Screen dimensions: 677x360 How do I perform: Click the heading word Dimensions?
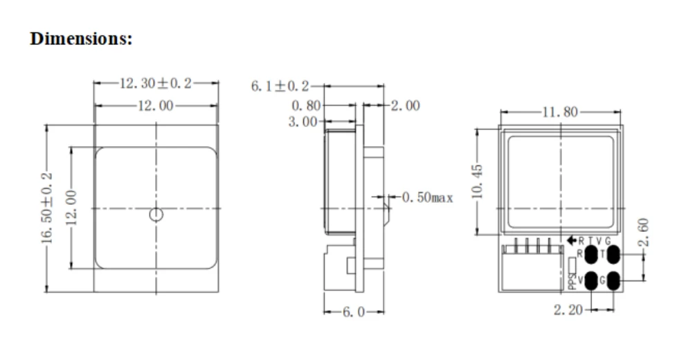coord(81,38)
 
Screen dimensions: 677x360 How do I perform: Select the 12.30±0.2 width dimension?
coord(156,83)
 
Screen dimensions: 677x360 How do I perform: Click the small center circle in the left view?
coord(156,214)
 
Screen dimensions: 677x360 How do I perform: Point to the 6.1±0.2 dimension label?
coord(280,87)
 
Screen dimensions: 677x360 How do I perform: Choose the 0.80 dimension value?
coord(307,106)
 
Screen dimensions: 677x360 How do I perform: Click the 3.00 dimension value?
coord(303,122)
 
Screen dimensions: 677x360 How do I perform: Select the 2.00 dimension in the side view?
coord(406,106)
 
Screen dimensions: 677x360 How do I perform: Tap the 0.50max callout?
coord(427,198)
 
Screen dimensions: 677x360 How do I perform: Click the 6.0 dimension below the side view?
coord(354,312)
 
